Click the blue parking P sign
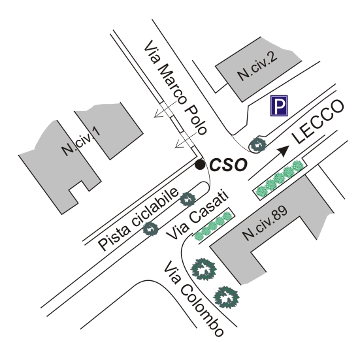(279, 106)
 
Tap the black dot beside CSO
(200, 165)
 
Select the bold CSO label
(229, 165)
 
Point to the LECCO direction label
(318, 122)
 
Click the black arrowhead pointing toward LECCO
(284, 151)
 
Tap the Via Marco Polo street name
(175, 88)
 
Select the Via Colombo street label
(193, 299)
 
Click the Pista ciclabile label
(139, 220)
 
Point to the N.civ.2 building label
(257, 66)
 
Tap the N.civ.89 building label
(265, 223)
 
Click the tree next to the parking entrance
(258, 144)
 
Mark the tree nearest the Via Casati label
(188, 199)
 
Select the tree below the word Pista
(151, 229)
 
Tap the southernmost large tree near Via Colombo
(226, 297)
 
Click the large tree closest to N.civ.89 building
(204, 269)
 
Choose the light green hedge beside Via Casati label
(213, 226)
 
